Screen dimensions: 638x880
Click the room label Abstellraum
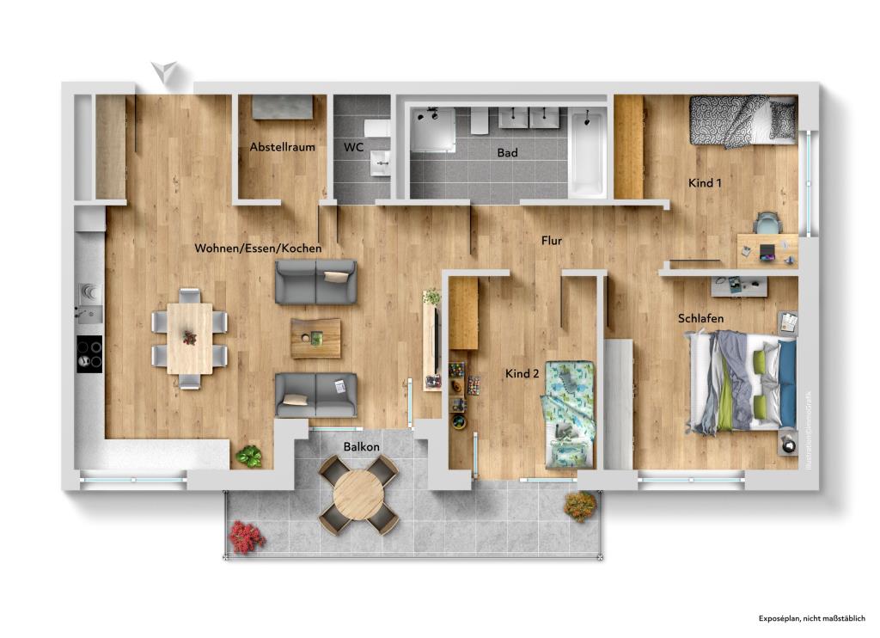click(282, 147)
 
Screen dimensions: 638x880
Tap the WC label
click(353, 147)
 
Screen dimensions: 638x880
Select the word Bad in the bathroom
click(507, 153)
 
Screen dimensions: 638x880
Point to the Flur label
click(551, 241)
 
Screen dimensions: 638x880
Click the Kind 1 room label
click(705, 183)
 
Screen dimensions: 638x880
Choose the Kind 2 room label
click(522, 373)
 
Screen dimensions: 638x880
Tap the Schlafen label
click(700, 318)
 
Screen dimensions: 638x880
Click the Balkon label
click(362, 447)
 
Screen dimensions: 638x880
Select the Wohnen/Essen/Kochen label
click(258, 248)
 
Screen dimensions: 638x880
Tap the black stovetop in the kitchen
click(89, 353)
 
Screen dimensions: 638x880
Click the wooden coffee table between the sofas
click(315, 338)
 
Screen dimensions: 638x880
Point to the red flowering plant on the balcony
click(246, 537)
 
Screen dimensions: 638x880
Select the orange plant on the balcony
click(579, 506)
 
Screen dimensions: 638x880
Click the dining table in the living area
click(189, 337)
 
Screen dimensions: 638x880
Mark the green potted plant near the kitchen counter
click(249, 457)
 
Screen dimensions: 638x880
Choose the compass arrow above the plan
click(166, 74)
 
